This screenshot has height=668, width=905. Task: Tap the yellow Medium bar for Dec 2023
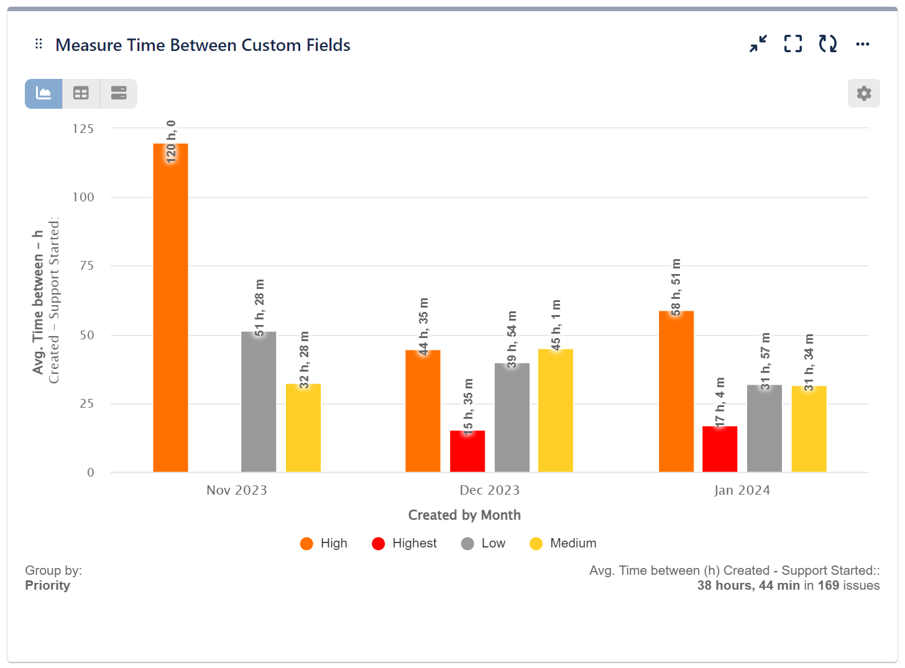(555, 410)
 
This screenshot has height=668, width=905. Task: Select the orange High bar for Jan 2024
(676, 391)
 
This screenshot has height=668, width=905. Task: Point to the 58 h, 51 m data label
(676, 286)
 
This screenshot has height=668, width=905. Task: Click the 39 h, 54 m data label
(512, 339)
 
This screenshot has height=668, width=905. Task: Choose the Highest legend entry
(404, 544)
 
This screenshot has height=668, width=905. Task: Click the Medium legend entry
(563, 544)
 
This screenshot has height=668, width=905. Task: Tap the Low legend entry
(484, 544)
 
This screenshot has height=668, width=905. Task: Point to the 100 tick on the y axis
(83, 198)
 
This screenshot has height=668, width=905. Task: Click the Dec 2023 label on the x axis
(489, 490)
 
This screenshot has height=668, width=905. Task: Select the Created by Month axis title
(464, 515)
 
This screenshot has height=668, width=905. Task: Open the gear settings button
(863, 93)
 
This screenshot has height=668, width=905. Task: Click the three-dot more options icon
(862, 44)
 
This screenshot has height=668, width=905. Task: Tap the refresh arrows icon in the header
(827, 44)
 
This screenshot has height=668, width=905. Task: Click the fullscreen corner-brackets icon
(792, 44)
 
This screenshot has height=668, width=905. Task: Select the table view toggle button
(81, 93)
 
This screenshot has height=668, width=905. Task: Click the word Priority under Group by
(47, 585)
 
